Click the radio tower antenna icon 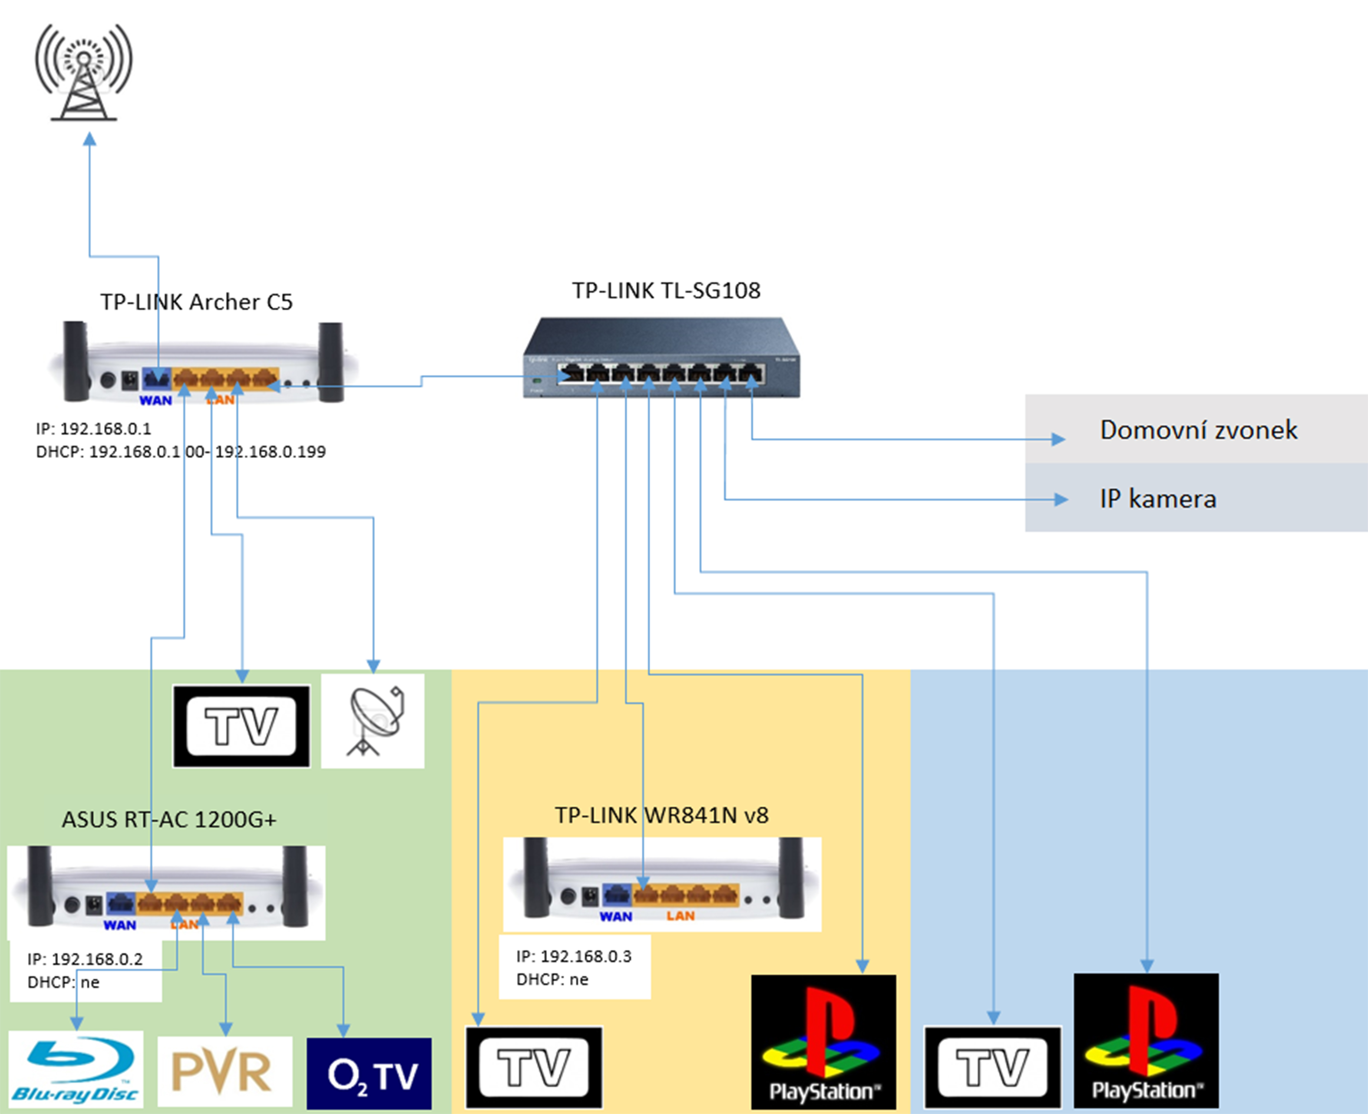[83, 72]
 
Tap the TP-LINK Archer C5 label [196, 301]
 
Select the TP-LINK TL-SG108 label [666, 291]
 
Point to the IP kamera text [1157, 499]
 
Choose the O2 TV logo [370, 1074]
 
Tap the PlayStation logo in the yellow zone [823, 1042]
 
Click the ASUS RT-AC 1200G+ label [169, 819]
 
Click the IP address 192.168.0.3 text [574, 956]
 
